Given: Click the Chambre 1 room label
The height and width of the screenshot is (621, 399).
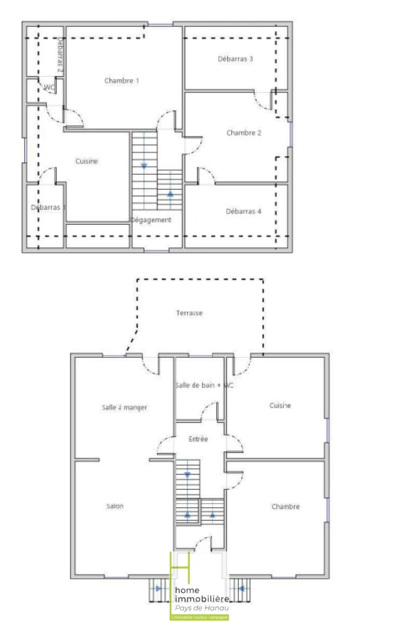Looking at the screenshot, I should [x=121, y=80].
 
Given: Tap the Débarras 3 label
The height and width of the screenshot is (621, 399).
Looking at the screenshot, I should [x=236, y=59].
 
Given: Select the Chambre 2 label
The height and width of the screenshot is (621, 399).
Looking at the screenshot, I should [x=244, y=133].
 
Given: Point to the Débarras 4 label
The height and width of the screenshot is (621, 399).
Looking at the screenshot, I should [x=244, y=211].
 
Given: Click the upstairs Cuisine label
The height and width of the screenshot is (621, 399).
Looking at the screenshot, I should [x=87, y=162].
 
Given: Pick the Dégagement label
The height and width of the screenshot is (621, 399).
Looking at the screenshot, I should [x=151, y=220].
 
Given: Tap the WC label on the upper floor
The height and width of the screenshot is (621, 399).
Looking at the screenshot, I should [x=49, y=87].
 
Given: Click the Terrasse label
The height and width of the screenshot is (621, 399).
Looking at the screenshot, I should [x=190, y=313].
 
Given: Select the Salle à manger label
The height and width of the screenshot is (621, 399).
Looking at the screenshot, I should [x=124, y=408].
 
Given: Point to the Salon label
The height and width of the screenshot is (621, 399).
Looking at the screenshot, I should [x=114, y=507].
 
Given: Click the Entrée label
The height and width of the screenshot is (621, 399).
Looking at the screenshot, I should [x=198, y=439].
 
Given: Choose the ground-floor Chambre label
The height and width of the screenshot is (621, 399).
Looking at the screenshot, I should [x=286, y=507].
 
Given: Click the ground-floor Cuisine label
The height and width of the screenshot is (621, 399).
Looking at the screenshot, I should [x=280, y=405].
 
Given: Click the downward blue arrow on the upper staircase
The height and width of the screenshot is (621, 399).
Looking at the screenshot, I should [x=144, y=166].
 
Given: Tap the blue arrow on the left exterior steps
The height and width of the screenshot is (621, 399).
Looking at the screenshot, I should [x=158, y=588].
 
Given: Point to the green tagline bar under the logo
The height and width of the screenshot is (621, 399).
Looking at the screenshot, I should [x=199, y=617].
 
